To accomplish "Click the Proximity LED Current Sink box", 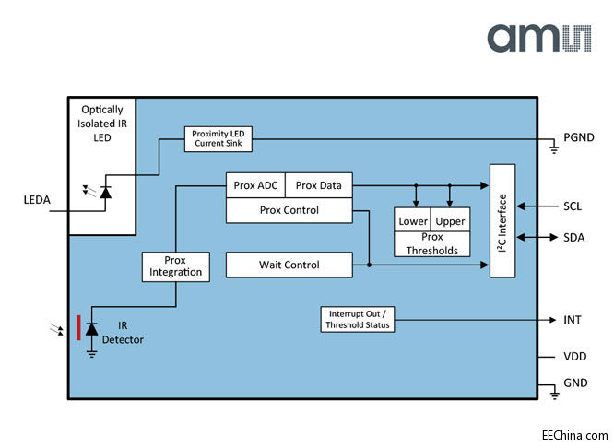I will click(x=218, y=139).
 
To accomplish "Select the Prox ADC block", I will click(x=255, y=185).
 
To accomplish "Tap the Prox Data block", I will click(x=318, y=185).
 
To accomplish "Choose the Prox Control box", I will click(x=289, y=210).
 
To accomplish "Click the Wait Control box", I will click(x=289, y=265).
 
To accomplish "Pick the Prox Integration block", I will click(x=174, y=266).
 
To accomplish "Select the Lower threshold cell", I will click(x=412, y=222).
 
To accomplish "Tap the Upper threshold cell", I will click(x=450, y=222).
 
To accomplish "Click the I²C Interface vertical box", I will click(x=502, y=221).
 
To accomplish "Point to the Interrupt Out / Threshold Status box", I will click(x=356, y=319).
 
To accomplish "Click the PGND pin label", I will click(x=579, y=138).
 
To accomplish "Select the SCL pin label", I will click(x=573, y=206).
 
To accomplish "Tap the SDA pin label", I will click(x=573, y=237).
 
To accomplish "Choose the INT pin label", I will click(x=572, y=319).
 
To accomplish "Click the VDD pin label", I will click(x=574, y=356).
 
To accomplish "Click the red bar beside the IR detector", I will click(x=78, y=327).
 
